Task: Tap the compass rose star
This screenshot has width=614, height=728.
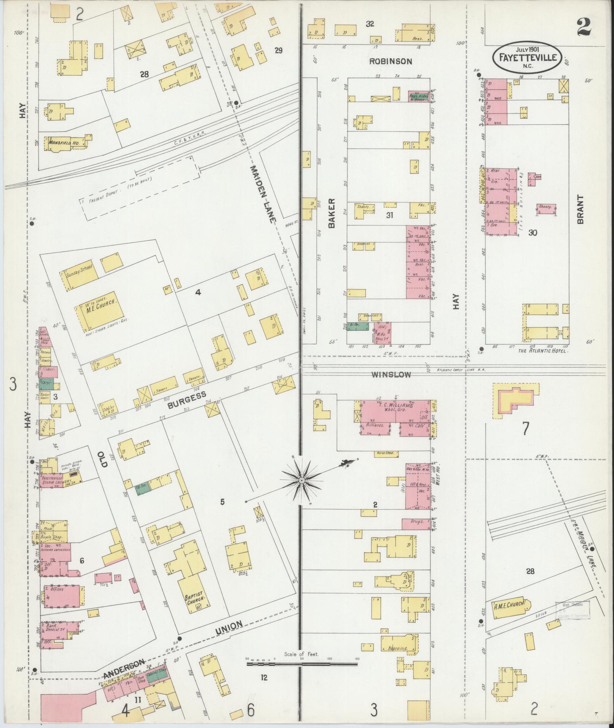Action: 301,481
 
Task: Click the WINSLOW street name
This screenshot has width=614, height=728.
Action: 391,374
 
